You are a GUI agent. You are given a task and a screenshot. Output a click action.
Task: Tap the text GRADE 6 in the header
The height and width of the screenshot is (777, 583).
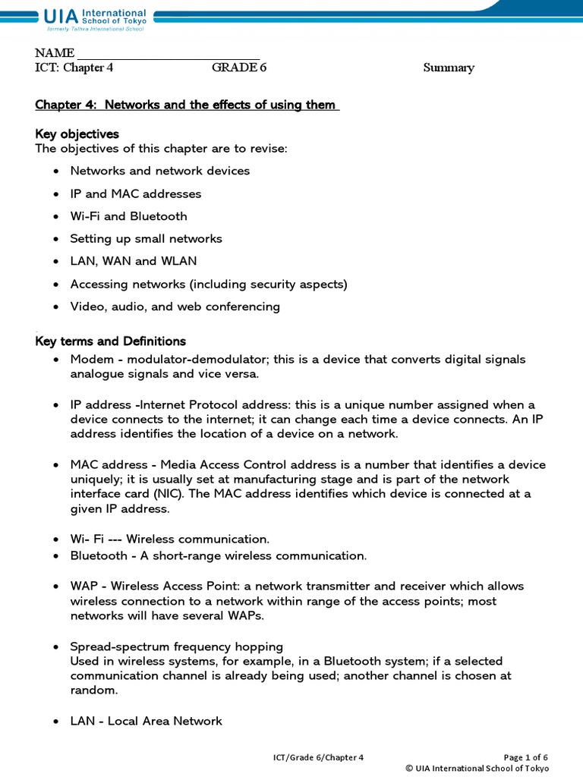pos(239,68)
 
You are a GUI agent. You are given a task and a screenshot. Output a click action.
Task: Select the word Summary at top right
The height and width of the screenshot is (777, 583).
pos(448,68)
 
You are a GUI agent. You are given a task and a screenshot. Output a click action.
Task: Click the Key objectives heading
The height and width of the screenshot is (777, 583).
pos(77,134)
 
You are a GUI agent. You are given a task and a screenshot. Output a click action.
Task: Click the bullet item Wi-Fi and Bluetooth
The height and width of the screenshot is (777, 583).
pos(128,216)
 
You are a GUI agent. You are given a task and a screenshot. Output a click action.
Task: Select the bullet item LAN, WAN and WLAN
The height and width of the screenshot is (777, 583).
pos(133,261)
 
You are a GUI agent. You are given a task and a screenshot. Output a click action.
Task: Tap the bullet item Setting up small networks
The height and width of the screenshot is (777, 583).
pos(146,238)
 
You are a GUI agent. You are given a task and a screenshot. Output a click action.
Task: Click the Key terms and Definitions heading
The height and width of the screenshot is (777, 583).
pos(111,341)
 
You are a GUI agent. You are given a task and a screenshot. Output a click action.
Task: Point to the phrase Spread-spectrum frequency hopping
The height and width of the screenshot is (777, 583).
pos(176,646)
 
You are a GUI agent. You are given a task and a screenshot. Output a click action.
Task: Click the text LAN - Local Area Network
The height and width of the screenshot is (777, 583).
pos(146,721)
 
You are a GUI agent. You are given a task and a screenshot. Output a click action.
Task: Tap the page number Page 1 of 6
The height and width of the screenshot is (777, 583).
pos(525,757)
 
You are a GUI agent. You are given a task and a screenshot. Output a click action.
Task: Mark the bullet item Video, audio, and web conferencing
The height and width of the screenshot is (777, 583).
pos(175,307)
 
